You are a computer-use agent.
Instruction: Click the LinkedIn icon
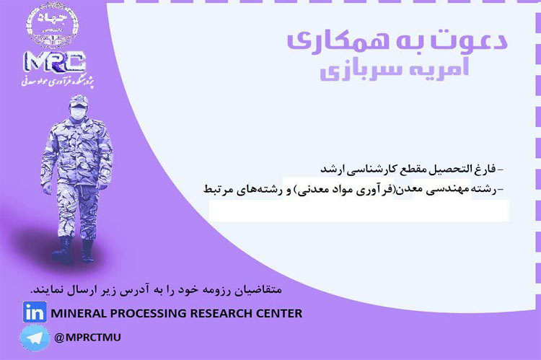coord(33,313)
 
